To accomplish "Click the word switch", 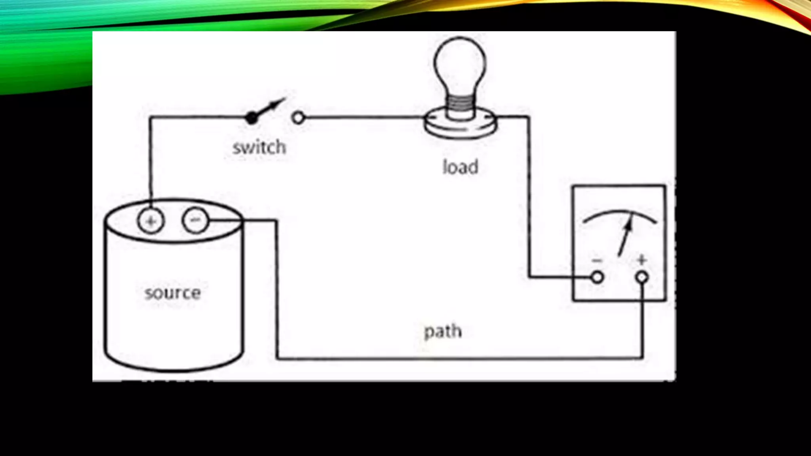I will coord(259,147).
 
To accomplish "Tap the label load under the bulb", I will coord(460,167).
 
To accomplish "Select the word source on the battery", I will coord(173,293).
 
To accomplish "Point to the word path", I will coord(443,331).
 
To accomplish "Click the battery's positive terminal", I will coord(150,221).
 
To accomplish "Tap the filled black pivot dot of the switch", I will coord(251,118).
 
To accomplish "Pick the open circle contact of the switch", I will coord(298,118).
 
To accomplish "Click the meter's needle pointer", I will coord(625,236).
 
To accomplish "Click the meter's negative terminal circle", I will coord(597,277).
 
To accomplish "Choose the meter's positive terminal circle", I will coord(642,277).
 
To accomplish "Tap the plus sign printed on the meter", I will coord(642,260).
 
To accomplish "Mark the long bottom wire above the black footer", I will coord(459,359).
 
